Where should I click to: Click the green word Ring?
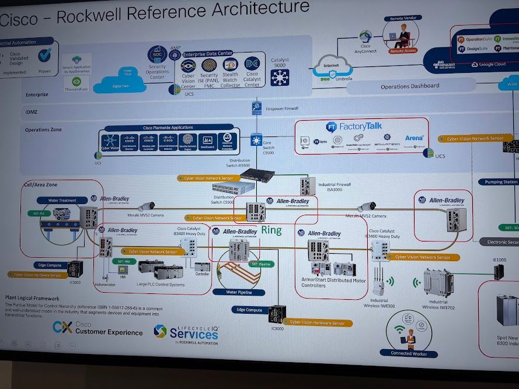pos(271,230)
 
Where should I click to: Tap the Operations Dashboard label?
pos(409,86)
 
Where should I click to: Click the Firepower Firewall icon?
pos(256,108)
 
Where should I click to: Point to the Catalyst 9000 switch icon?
pos(280,76)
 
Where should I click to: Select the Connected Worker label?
pos(409,353)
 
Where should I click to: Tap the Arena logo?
pos(414,139)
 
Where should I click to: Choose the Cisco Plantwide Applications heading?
pos(168,127)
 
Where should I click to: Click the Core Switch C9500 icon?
pos(256,140)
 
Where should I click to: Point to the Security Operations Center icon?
pos(157,55)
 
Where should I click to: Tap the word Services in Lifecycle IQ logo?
pos(194,334)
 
